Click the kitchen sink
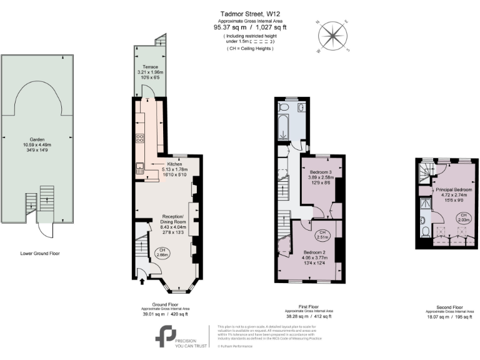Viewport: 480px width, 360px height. coord(139,166)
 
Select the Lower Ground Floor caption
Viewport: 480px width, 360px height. coord(39,254)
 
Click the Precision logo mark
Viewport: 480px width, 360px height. coord(165,336)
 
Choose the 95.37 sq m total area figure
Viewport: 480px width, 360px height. coord(227,27)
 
